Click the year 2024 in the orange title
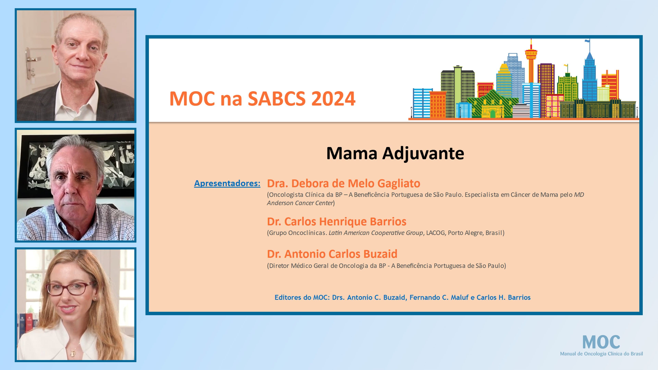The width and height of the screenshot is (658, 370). pyautogui.click(x=333, y=99)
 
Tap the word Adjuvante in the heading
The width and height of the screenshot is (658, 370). pyautogui.click(x=423, y=154)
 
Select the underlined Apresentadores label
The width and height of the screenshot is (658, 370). pyautogui.click(x=227, y=183)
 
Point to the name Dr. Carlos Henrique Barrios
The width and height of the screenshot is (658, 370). pyautogui.click(x=336, y=222)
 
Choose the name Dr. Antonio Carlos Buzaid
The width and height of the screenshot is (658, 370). pyautogui.click(x=332, y=254)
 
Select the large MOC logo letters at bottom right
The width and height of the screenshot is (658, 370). pyautogui.click(x=601, y=342)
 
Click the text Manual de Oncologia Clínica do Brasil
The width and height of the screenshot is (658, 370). pyautogui.click(x=601, y=354)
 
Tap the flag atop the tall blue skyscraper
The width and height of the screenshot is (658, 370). pyautogui.click(x=588, y=41)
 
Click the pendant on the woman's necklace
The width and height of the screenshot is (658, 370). pyautogui.click(x=73, y=353)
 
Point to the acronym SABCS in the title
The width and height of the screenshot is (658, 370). pyautogui.click(x=276, y=99)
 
